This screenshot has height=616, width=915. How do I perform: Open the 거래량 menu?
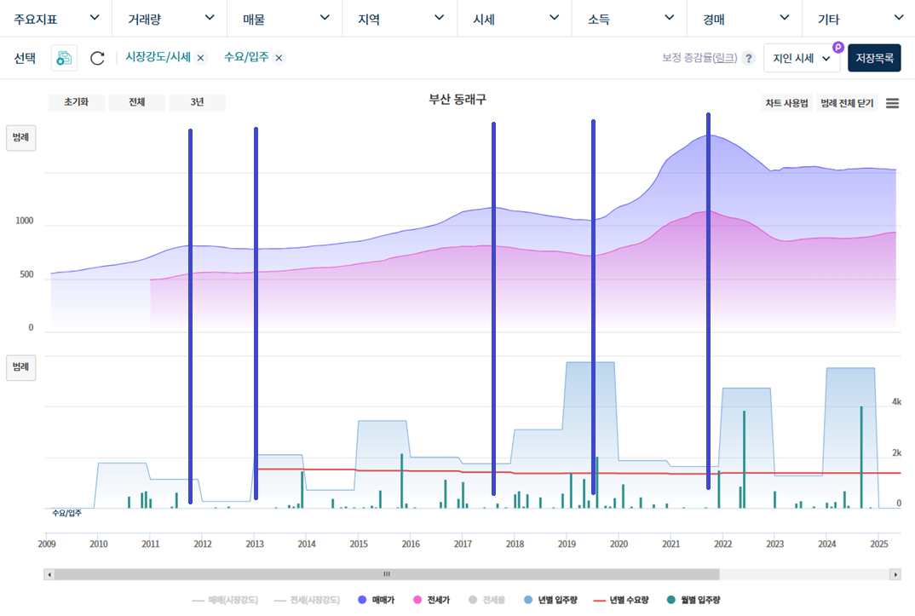point(171,18)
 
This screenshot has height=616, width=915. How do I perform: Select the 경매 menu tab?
point(744,18)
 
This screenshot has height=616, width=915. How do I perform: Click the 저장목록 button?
point(874,59)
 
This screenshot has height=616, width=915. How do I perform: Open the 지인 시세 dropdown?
point(801,59)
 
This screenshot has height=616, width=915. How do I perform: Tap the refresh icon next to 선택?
point(97,58)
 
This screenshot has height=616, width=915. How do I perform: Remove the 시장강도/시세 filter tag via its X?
point(201,58)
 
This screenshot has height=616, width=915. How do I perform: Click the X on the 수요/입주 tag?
point(279,58)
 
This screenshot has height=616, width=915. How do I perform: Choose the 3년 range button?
point(197,102)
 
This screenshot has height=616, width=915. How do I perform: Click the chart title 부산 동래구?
point(457,100)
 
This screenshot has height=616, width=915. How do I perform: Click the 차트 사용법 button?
point(786,103)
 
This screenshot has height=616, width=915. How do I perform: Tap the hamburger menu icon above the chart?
point(892,103)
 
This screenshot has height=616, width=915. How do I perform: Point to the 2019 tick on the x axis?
point(567,543)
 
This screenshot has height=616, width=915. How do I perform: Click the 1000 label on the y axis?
point(24,222)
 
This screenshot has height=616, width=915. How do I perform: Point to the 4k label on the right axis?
point(896,401)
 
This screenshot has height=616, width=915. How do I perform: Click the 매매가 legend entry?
point(376,600)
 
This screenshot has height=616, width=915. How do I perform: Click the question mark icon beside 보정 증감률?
point(748,59)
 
